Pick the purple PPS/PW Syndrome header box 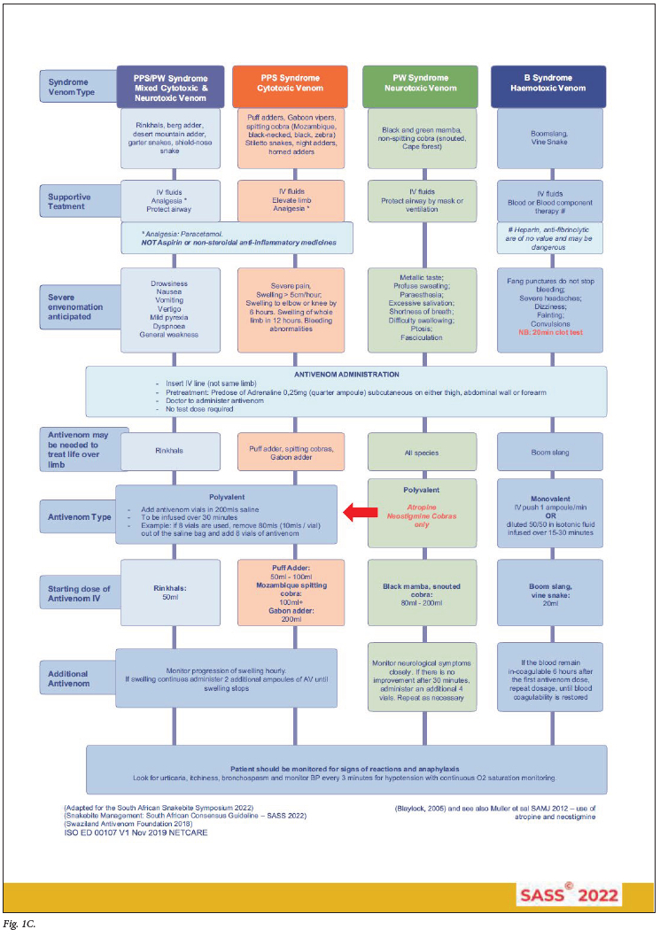[x=168, y=85]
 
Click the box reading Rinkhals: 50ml [x=168, y=590]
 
